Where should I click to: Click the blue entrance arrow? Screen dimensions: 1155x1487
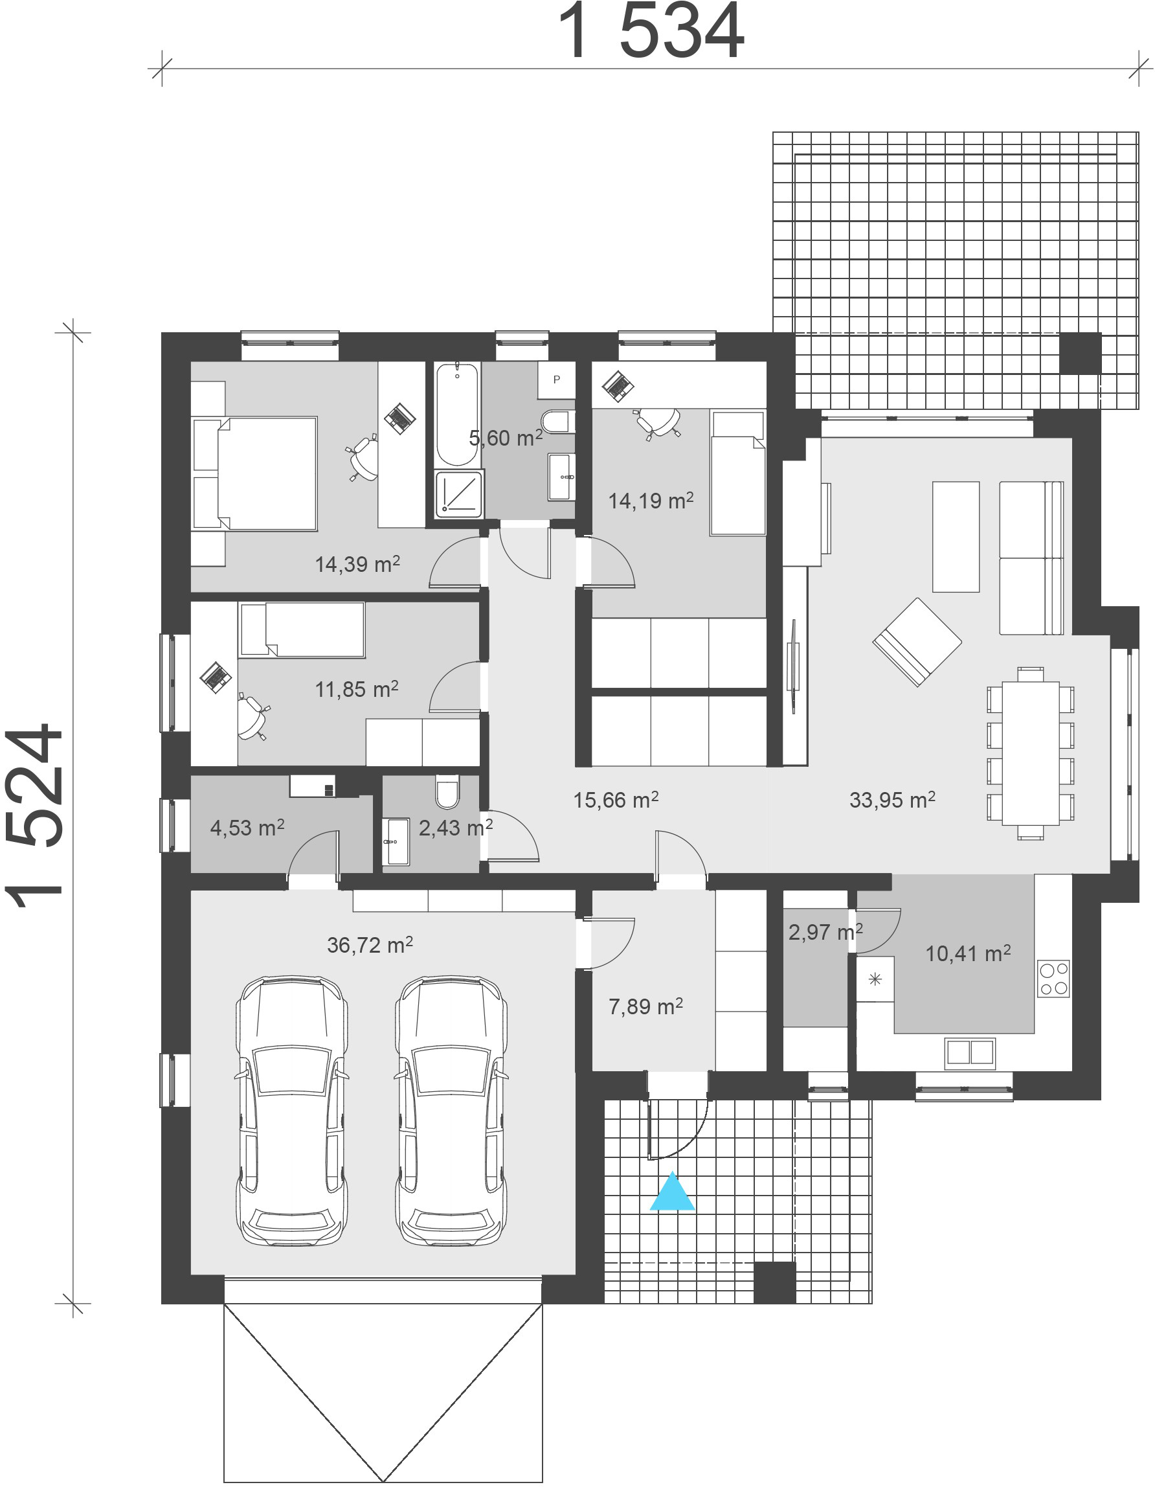tap(672, 1192)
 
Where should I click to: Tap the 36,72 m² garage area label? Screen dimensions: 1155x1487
tap(370, 945)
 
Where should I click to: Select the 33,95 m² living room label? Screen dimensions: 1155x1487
tap(891, 800)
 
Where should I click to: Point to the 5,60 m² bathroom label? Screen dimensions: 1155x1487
tap(506, 438)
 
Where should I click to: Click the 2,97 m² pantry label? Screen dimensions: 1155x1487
tap(825, 932)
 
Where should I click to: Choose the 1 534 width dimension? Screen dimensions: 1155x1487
tap(651, 31)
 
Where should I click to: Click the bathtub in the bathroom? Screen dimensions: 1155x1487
tap(456, 414)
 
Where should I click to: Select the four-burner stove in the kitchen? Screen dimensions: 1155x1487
tap(1053, 979)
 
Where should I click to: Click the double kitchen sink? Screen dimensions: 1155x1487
tap(970, 1052)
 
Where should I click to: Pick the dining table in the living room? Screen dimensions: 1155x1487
tap(1031, 753)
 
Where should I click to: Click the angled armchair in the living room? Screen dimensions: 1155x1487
tap(917, 641)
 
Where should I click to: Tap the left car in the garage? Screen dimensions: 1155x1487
tap(292, 1111)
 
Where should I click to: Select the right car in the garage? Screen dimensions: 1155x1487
tap(451, 1111)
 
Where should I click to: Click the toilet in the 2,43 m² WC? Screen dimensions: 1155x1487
tap(447, 791)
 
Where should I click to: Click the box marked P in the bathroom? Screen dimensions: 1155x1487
tap(556, 380)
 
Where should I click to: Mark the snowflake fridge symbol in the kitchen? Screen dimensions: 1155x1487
tap(875, 979)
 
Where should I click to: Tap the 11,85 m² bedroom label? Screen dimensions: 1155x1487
tap(357, 690)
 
